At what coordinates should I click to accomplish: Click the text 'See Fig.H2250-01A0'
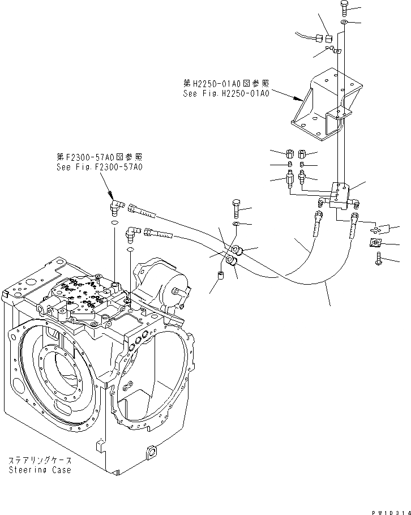[x=225, y=93]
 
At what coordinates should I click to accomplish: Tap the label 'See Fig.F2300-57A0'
[x=99, y=168]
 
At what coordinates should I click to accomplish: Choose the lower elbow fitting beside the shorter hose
[x=134, y=233]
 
